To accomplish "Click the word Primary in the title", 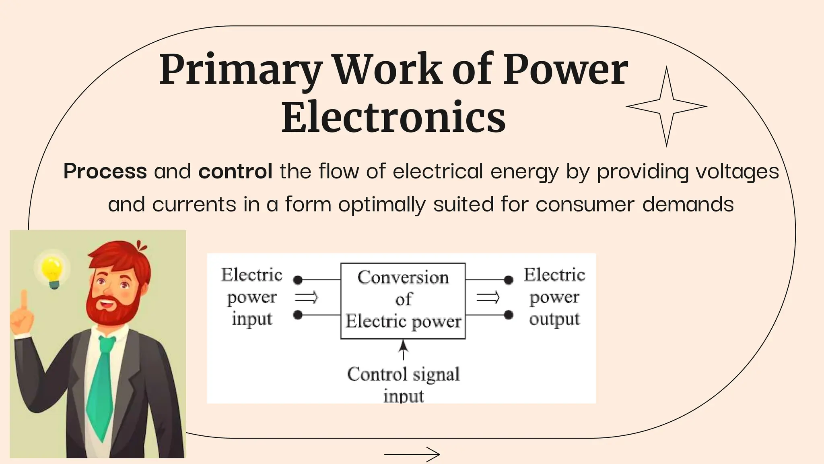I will [240, 70].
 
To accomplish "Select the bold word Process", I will [105, 171].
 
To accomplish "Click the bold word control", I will [235, 171].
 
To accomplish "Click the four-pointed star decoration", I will [666, 107].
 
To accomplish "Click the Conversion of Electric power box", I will [403, 300].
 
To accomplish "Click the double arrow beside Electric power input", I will [307, 298].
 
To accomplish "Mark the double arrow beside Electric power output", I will [488, 298].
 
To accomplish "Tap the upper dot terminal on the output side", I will [509, 280].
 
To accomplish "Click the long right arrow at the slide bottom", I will [412, 455].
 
